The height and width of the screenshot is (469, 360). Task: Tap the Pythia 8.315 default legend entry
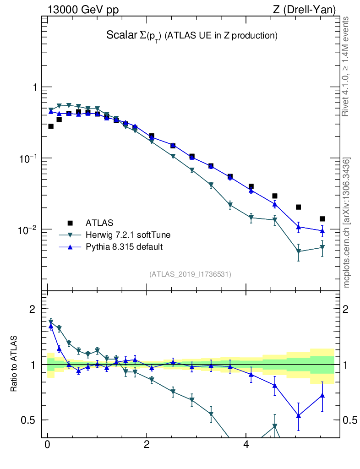click(x=124, y=247)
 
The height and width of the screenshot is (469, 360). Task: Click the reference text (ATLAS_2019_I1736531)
click(x=190, y=274)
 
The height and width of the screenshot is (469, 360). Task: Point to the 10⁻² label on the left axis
click(x=29, y=229)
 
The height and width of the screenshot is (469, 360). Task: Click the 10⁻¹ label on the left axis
click(x=29, y=158)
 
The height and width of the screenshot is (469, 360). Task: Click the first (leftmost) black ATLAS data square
click(x=51, y=126)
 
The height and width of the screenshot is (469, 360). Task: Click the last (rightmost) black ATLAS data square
click(x=322, y=219)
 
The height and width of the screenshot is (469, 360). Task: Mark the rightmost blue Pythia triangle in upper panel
click(x=322, y=231)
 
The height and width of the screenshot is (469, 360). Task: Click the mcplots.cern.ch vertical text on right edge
click(x=347, y=223)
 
